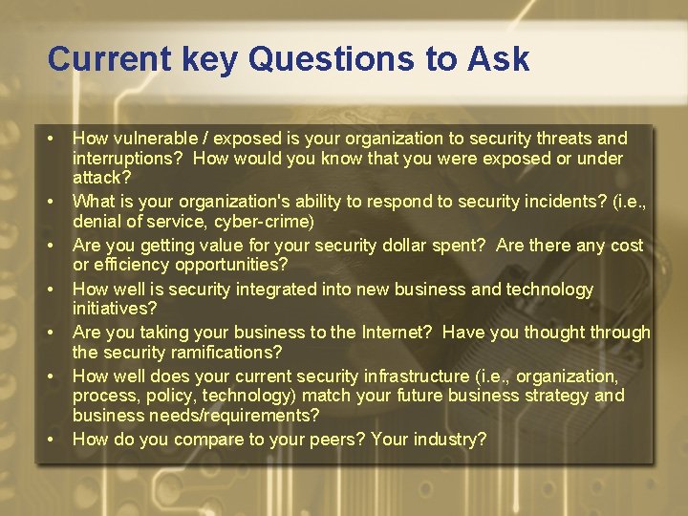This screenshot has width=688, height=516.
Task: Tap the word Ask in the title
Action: (498, 59)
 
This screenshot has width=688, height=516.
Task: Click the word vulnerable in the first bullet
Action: (153, 139)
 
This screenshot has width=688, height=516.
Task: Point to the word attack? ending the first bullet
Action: (102, 178)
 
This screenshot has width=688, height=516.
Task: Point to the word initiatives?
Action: (115, 309)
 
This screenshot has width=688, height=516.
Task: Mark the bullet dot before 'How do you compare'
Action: (50, 440)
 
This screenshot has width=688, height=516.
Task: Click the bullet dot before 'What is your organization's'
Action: (50, 202)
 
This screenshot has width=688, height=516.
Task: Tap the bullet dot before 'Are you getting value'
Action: (50, 246)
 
